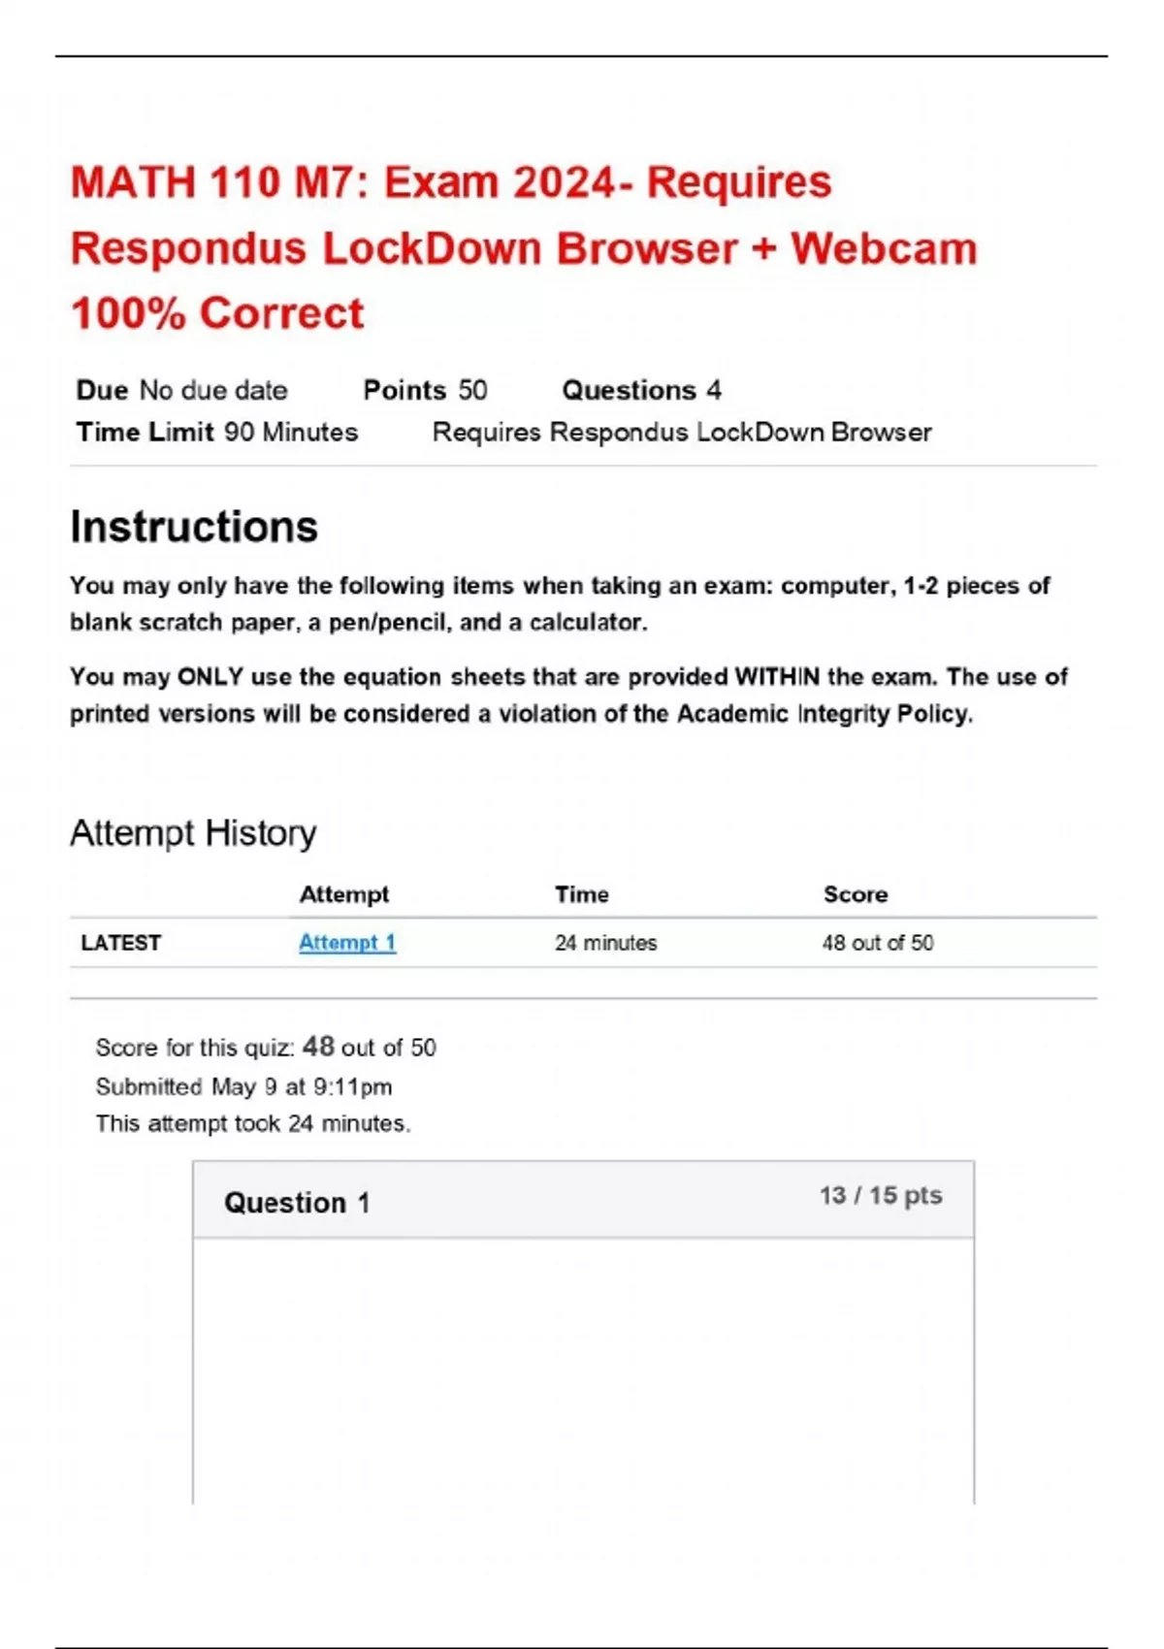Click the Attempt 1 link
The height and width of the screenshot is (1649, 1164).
tap(346, 942)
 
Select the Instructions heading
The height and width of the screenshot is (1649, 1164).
tap(194, 527)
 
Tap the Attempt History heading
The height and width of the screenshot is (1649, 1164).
tap(193, 833)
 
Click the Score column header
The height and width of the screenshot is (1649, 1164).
tap(855, 894)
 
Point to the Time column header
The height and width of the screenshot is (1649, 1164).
tap(581, 894)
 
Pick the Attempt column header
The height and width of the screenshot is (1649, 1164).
tap(343, 894)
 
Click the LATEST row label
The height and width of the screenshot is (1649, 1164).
tap(120, 943)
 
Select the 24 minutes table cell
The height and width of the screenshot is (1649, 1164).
tap(605, 943)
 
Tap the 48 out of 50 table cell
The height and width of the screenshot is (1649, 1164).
tap(877, 943)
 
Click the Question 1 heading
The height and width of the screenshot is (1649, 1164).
tap(297, 1203)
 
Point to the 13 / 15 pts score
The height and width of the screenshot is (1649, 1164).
tap(880, 1195)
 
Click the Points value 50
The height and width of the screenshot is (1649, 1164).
tap(472, 390)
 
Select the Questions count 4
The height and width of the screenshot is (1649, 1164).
tap(714, 390)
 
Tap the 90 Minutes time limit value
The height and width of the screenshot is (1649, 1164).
tap(291, 432)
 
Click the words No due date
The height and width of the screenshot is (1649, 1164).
tap(213, 390)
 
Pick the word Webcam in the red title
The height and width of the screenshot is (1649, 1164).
tap(884, 248)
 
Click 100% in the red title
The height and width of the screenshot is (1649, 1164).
tap(128, 313)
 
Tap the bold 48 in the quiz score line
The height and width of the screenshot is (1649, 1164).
tap(318, 1047)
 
